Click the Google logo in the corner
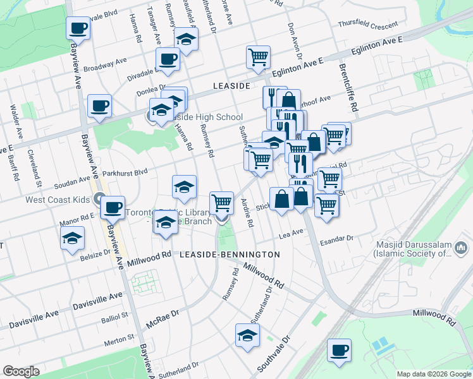[21, 371]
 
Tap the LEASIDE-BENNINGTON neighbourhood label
[230, 255]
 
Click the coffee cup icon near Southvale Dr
[339, 349]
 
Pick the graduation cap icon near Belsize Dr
[72, 238]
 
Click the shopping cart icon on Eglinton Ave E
[259, 57]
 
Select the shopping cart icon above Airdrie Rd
[221, 203]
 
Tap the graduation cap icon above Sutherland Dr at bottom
[247, 335]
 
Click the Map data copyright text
[433, 374]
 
